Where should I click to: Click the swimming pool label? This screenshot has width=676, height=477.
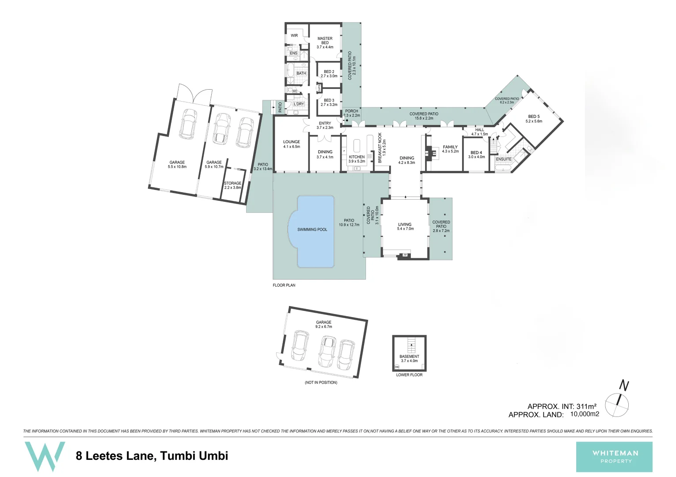point(312,229)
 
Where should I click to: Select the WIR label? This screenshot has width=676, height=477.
point(294,35)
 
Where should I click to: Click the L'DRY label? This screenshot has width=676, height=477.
point(299,104)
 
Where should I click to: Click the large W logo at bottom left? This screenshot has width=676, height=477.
point(45,456)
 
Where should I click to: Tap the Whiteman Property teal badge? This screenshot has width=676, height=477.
point(614,457)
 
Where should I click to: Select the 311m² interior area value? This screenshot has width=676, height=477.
point(586,406)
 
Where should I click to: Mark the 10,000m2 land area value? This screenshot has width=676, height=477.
point(585,414)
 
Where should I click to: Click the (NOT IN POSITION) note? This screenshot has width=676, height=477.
point(321,382)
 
